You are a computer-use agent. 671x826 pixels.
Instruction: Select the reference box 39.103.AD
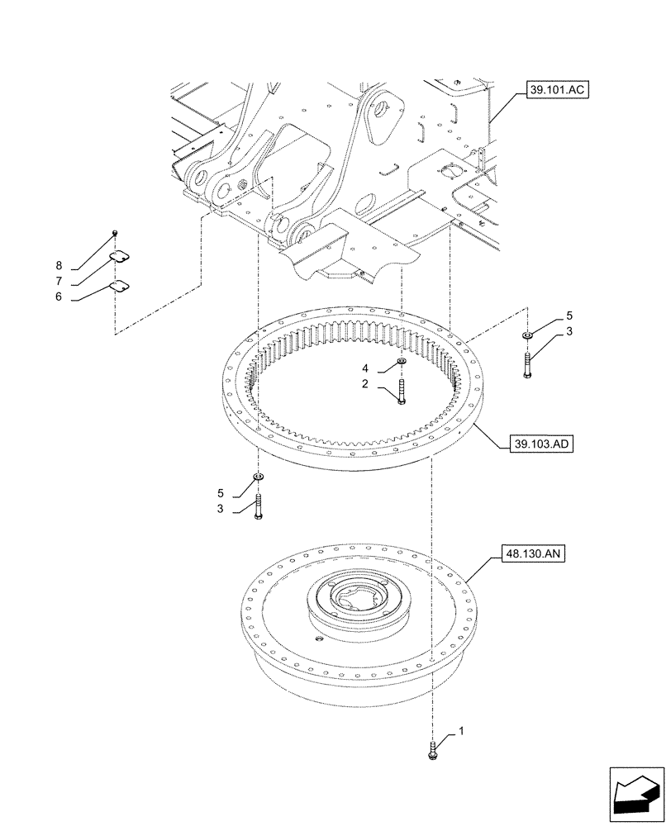tap(532, 444)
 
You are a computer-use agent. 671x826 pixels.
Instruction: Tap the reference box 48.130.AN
tap(531, 556)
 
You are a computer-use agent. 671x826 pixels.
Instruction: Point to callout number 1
tap(462, 732)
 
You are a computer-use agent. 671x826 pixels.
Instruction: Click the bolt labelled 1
tap(432, 751)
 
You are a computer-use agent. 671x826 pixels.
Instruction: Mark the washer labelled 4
tap(401, 362)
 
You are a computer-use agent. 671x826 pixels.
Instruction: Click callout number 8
tap(59, 265)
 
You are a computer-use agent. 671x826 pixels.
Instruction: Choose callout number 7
tap(59, 281)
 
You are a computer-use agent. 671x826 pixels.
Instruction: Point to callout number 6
tap(59, 297)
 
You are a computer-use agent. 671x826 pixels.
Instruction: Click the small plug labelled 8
tap(116, 234)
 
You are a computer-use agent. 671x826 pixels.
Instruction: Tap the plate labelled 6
tap(120, 287)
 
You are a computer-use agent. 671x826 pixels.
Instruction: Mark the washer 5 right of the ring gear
tap(527, 335)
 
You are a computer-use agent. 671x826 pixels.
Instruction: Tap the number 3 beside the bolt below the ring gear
tap(221, 510)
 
